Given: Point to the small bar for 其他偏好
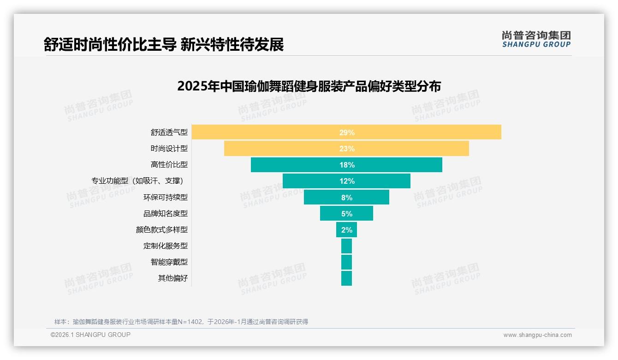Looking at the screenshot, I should pos(346,278).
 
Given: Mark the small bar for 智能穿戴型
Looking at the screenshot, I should pos(346,262).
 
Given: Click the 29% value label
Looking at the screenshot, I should pos(347,132).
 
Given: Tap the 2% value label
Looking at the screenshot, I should pos(347,230).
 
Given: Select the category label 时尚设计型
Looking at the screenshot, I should pos(169,149).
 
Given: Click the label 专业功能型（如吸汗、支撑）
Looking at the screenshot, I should pos(140,181).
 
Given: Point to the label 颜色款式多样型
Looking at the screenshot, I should pos(162,230).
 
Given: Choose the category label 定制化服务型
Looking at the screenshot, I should pos(166,246).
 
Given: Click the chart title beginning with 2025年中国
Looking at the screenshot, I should pos(309,86).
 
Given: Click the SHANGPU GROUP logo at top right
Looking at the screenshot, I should pos(536,39).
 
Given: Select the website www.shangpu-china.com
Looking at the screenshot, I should pos(537,335).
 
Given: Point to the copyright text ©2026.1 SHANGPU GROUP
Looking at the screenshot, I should pos(90,335).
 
